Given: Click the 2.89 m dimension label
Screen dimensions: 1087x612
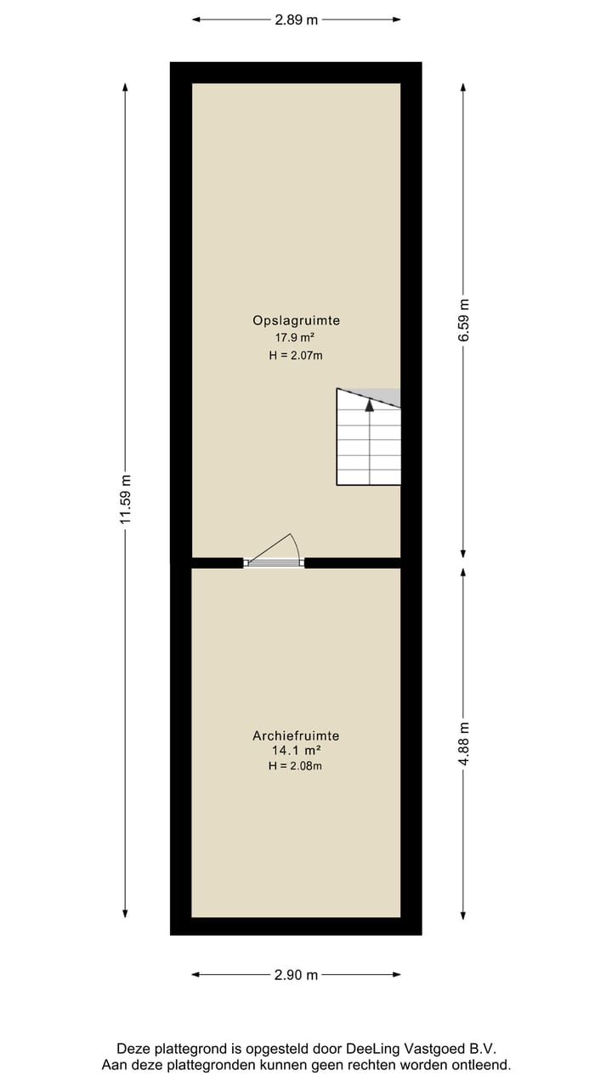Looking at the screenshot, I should [x=296, y=20].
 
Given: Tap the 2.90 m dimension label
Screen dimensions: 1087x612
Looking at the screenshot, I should [x=296, y=975].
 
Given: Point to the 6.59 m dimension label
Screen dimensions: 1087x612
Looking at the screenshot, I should [x=463, y=320].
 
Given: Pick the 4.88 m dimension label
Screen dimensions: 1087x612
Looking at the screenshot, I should [x=463, y=744].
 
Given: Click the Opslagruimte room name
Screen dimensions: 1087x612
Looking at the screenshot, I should [x=296, y=320].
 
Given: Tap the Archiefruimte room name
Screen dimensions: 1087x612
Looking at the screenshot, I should [x=296, y=736].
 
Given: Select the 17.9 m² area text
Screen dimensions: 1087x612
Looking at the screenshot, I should [x=296, y=337].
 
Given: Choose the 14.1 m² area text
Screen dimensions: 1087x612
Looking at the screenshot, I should [x=296, y=751].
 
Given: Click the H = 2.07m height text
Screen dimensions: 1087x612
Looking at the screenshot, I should [x=296, y=356].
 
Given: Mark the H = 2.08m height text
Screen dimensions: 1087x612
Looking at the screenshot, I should [x=296, y=766].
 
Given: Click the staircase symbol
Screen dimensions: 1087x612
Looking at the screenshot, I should [x=369, y=442].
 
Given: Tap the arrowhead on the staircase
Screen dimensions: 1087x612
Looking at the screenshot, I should [x=369, y=405].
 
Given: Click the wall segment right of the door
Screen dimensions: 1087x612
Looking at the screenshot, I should [x=352, y=562].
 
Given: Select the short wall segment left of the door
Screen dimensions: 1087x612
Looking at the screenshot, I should [x=217, y=562].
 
